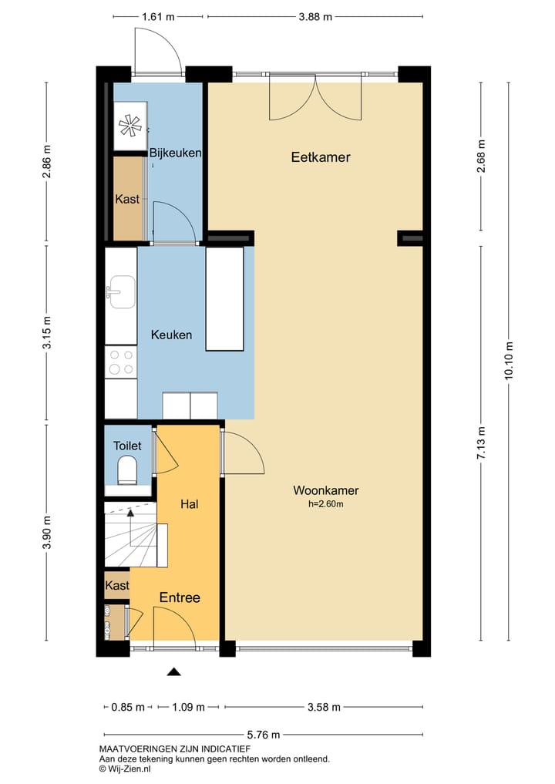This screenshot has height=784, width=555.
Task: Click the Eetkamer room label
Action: pos(321,157)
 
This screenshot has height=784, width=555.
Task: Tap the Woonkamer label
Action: pos(325,490)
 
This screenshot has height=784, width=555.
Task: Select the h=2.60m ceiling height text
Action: pos(325,504)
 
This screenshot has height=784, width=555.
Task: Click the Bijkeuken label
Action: pos(176,153)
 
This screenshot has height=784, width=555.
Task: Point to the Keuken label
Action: pos(171,335)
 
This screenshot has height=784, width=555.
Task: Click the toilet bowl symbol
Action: pos(127,472)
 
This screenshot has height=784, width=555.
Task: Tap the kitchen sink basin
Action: pos(123,292)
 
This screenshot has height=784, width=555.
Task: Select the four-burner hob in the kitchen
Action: pos(121,362)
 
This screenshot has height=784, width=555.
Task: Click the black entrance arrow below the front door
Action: pos(173,671)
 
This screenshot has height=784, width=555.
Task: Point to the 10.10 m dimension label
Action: pos(509,361)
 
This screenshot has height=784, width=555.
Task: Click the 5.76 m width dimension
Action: pos(264,735)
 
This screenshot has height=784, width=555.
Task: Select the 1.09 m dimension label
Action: pos(189,707)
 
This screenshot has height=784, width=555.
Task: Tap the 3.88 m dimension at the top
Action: pos(315,16)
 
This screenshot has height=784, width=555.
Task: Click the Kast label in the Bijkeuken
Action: pos(127,200)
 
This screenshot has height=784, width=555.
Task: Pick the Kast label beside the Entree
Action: pos(117,586)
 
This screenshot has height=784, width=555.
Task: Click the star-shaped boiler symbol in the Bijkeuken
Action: pos(130,126)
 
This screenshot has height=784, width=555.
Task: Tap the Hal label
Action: pos(190,504)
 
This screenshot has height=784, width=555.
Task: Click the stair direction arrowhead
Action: pos(130,512)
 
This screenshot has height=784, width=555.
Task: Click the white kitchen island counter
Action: pos(224,299)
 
